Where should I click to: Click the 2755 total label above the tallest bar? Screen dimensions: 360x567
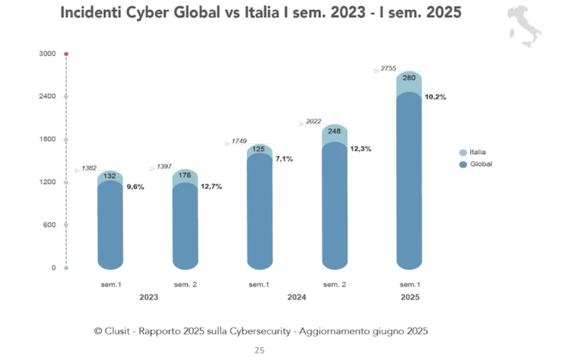click(x=388, y=68)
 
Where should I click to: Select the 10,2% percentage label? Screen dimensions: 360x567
click(x=435, y=97)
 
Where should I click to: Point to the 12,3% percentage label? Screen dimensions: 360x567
click(x=360, y=149)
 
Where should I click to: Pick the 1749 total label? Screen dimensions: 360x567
click(x=239, y=142)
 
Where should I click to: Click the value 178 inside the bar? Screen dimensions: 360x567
click(x=185, y=175)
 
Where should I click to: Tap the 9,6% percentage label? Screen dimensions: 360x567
click(x=135, y=187)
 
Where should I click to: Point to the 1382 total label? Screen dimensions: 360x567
click(x=89, y=168)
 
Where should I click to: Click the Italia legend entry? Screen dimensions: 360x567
click(x=477, y=152)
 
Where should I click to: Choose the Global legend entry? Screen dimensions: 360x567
click(x=479, y=164)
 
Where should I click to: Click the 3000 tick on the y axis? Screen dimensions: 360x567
click(x=46, y=53)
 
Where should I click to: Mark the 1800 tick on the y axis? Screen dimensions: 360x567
click(x=46, y=140)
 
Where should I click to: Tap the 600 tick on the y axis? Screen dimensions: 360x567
click(x=48, y=225)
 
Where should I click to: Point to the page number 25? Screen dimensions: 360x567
click(x=259, y=350)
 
